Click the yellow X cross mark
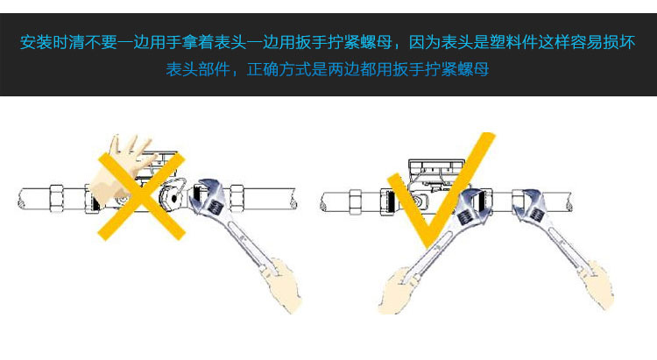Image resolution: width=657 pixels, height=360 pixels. [x=142, y=196]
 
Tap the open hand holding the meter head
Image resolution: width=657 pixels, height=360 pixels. [x=122, y=167]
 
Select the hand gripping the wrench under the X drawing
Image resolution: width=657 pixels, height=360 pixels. [x=280, y=285]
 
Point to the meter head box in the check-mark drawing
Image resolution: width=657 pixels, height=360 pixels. [x=436, y=173]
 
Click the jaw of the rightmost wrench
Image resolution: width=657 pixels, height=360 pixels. [x=531, y=204]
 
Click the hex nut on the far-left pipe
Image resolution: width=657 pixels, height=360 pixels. [x=57, y=198]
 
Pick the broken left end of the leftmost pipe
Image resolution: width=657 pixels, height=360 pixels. [x=20, y=199]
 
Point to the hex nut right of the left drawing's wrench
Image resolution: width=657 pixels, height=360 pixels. [x=237, y=198]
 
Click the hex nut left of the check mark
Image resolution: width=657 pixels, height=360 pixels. [x=356, y=202]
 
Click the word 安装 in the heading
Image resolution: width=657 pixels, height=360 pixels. [x=36, y=42]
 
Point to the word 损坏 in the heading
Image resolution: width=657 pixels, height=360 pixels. [x=618, y=42]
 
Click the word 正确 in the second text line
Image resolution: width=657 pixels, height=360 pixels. [x=263, y=69]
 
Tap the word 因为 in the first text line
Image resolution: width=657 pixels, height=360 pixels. [x=425, y=42]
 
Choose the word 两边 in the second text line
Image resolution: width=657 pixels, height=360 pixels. [x=343, y=69]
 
